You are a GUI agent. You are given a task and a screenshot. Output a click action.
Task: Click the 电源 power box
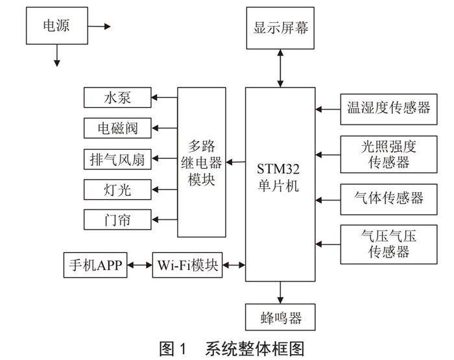(56, 27)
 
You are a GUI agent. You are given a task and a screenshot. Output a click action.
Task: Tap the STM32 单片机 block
(280, 184)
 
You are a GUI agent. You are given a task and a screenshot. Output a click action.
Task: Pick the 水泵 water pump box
(117, 98)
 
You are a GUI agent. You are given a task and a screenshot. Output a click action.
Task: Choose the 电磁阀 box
(117, 128)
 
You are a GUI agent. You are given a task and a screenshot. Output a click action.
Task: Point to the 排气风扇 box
(117, 159)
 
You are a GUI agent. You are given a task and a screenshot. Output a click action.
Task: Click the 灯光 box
(117, 190)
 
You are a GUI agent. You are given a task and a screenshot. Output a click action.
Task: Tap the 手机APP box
(96, 265)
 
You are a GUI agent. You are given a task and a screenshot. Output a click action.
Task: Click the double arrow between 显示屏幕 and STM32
(280, 68)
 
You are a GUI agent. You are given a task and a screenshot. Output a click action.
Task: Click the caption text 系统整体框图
(254, 348)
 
